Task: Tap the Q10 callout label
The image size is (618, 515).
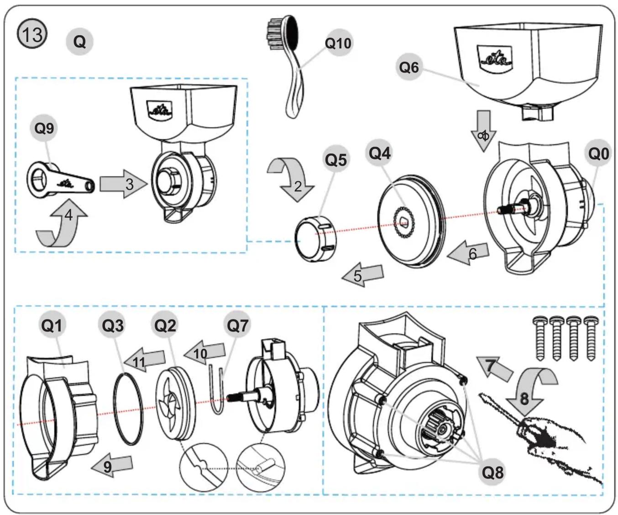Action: [x=338, y=43]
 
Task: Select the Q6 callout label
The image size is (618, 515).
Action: [x=409, y=67]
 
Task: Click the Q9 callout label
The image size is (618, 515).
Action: [x=44, y=128]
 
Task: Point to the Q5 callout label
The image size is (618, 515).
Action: [x=335, y=160]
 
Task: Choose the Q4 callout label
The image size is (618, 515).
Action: [x=380, y=153]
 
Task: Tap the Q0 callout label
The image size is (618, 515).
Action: [x=598, y=154]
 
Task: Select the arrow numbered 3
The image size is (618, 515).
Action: [x=123, y=184]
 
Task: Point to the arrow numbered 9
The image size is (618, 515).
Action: [x=112, y=467]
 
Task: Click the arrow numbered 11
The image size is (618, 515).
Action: [x=144, y=360]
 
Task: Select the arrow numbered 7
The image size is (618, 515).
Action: [x=494, y=368]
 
